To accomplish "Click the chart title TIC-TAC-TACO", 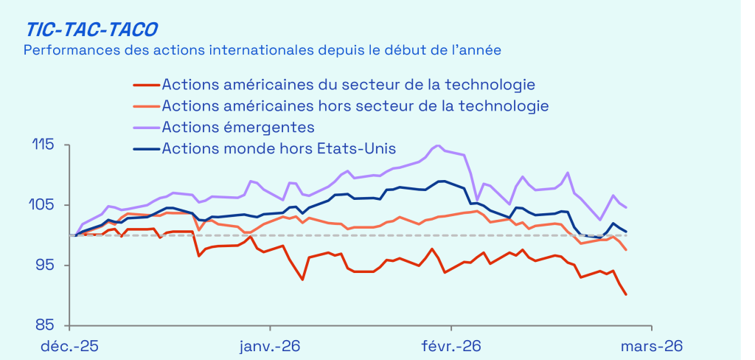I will (92, 29).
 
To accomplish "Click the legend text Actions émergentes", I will (238, 127).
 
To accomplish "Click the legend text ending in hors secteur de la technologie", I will (355, 106).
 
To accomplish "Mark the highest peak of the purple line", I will (438, 145).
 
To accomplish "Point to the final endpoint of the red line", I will (626, 295).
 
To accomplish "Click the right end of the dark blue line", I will (626, 232).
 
